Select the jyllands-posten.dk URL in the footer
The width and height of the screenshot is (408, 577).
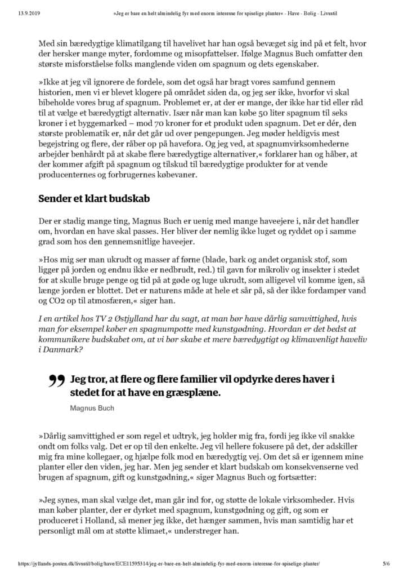click(168, 563)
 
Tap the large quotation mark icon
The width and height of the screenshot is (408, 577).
click(57, 382)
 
